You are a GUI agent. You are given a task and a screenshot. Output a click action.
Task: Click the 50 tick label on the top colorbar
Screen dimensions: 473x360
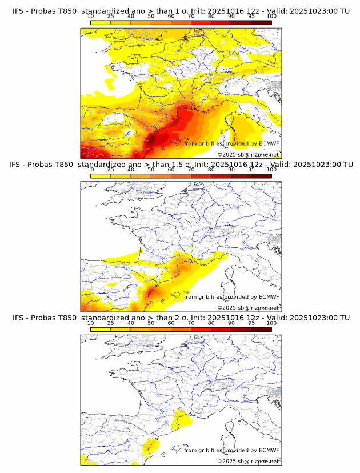pos(151,16)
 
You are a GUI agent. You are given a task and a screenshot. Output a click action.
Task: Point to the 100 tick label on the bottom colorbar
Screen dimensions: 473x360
pos(271,323)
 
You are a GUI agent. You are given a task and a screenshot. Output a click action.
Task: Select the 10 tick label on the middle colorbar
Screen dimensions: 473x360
pos(91,170)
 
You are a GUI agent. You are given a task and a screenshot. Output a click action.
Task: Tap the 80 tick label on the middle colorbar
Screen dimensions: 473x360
pos(211,170)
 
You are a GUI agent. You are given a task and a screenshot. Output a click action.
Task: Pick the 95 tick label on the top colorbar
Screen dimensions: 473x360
pos(251,16)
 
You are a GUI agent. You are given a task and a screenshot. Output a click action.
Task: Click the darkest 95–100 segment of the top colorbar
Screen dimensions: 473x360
pos(261,22)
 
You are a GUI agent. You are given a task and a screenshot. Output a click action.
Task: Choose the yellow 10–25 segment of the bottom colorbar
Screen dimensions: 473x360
pos(101,330)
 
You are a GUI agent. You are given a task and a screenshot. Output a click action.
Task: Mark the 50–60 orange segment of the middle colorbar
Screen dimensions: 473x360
pos(161,176)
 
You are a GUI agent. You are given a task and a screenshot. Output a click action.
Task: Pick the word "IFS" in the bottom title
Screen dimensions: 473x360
pos(19,318)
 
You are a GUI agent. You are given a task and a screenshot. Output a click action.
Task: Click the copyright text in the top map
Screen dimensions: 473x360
pos(248,154)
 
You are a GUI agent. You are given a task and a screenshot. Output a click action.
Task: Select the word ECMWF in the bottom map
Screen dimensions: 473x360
pos(269,450)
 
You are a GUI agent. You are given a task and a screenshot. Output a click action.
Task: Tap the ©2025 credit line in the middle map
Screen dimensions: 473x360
pos(248,307)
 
